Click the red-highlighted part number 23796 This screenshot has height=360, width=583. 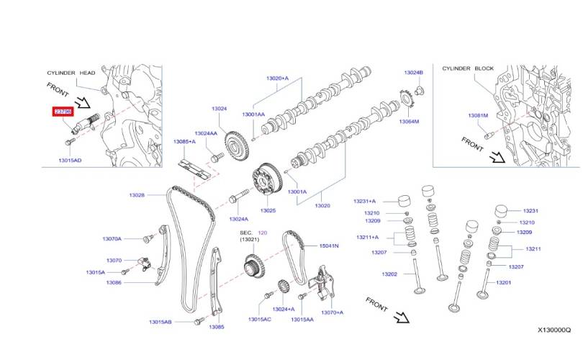[63, 112]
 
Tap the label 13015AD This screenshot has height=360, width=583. [69, 161]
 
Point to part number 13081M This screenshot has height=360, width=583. [478, 115]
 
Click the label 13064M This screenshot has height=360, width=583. [409, 121]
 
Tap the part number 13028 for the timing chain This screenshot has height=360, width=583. [137, 195]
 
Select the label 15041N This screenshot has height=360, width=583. [329, 246]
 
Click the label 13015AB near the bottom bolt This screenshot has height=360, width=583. [160, 322]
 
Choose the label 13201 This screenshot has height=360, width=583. [503, 282]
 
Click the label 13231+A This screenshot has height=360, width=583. [366, 201]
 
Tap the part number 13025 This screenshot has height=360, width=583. [268, 210]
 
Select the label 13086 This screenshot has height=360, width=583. [114, 283]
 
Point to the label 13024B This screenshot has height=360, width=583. [413, 73]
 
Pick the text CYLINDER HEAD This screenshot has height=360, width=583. [71, 73]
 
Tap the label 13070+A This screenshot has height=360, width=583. [332, 312]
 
